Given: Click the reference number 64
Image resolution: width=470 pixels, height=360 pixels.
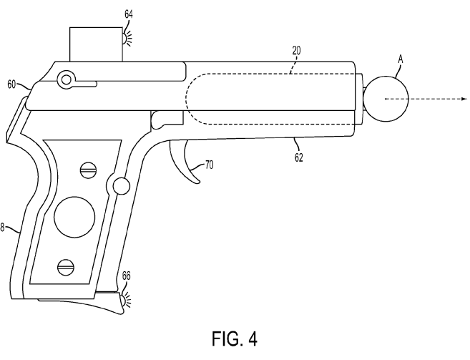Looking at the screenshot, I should [128, 13].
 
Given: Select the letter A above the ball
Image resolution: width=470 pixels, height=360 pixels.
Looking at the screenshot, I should [401, 62].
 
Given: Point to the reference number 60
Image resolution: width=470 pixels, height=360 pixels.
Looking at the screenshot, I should [11, 84].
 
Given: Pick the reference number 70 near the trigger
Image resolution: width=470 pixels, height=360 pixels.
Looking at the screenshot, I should [209, 165].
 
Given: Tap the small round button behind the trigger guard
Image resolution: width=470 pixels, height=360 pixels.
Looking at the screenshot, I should [121, 186].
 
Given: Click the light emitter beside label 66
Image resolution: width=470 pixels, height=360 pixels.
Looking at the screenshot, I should [127, 299].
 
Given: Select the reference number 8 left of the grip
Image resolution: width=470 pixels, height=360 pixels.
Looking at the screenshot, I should [3, 228].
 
